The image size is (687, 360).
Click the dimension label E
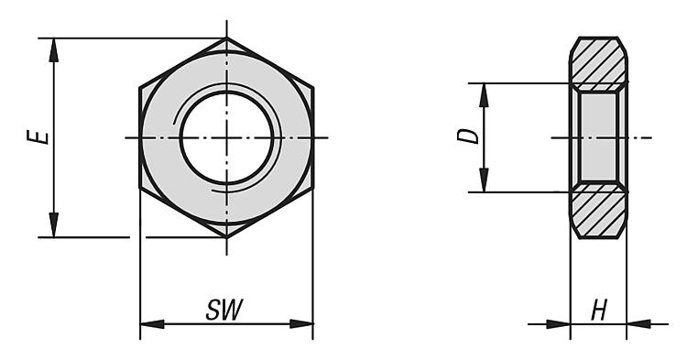point(38,136)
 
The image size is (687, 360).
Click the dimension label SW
point(224,310)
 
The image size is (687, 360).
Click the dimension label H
point(599,310)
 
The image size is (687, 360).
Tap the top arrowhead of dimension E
point(53,50)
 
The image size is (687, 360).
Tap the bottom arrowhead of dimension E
point(53,225)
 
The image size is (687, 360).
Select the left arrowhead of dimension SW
point(152,324)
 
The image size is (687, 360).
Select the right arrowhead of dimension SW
point(301,324)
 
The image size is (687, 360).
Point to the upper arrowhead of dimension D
point(484,95)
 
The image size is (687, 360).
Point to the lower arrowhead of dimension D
point(484,180)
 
